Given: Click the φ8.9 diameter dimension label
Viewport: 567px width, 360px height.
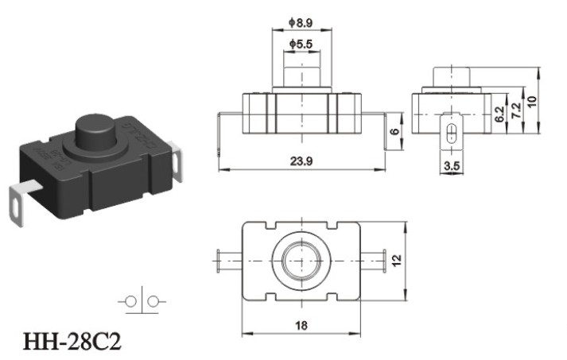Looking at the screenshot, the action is pyautogui.click(x=300, y=23).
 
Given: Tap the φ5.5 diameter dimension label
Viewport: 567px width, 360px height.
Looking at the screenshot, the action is pyautogui.click(x=301, y=44).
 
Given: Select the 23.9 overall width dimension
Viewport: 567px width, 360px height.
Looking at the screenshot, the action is pyautogui.click(x=301, y=161).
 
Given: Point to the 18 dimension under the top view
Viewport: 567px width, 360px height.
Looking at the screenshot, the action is pyautogui.click(x=301, y=326).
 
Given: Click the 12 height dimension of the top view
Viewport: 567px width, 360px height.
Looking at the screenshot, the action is pyautogui.click(x=397, y=260).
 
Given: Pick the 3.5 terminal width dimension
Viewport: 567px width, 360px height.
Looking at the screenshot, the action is pyautogui.click(x=452, y=166).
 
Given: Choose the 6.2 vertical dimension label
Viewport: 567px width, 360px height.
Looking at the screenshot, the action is pyautogui.click(x=499, y=114).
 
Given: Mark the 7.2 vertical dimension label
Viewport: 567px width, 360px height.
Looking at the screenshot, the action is pyautogui.click(x=517, y=110).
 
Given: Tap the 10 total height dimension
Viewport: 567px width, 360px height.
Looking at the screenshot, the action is pyautogui.click(x=531, y=101).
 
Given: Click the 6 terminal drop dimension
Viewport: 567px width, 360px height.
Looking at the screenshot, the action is pyautogui.click(x=395, y=131).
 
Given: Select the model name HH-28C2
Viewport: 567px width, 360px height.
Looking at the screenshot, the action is pyautogui.click(x=72, y=342).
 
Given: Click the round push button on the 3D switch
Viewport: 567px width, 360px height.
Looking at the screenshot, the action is pyautogui.click(x=95, y=132).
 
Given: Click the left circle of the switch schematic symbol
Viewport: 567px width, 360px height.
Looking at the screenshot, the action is pyautogui.click(x=130, y=301).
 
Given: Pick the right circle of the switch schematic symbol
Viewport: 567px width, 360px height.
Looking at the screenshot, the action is pyautogui.click(x=153, y=301).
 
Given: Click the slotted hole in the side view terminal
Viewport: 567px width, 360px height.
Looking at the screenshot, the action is pyautogui.click(x=451, y=134).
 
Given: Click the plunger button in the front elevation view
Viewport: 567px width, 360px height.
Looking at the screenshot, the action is pyautogui.click(x=301, y=76).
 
